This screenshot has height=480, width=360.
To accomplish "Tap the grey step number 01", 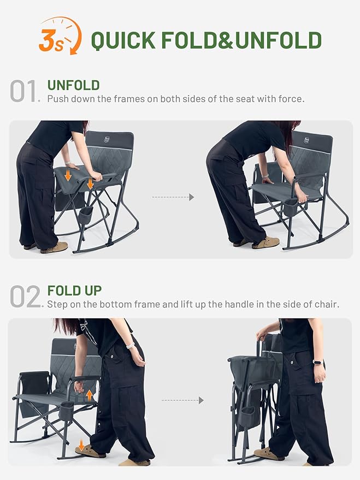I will coord(25,92).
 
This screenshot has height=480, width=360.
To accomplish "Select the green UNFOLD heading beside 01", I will coord(73,85).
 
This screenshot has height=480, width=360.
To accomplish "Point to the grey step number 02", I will coord(25,297).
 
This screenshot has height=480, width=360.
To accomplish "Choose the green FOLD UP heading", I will coord(74,291).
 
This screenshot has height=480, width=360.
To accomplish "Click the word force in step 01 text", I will coord(291,99).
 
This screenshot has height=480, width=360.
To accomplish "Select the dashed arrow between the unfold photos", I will coord(173,197).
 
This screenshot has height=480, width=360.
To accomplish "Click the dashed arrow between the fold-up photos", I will coord(182,400).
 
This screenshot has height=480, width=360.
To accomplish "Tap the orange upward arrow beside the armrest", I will coord(89,394).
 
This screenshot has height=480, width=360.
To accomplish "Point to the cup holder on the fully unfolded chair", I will coord(290,207).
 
